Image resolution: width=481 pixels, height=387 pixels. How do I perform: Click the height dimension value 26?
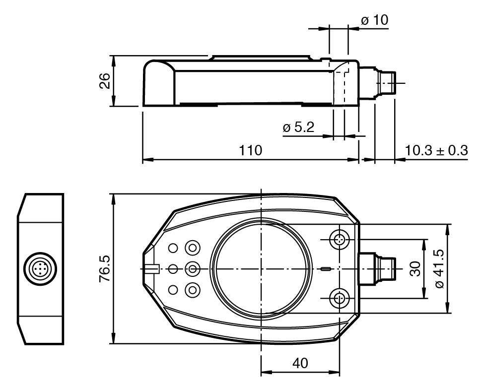point(104,81)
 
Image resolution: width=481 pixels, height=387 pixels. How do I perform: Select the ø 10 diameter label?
point(375,20)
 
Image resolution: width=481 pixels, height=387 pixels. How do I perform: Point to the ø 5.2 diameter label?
point(299,128)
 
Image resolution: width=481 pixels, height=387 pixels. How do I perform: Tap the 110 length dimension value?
point(250,151)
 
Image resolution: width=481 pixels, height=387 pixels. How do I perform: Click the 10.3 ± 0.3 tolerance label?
point(436,151)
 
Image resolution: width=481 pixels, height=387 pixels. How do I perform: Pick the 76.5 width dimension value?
point(104,269)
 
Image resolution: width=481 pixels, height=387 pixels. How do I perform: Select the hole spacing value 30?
point(415,269)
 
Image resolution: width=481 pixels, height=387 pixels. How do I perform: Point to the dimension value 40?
point(300,363)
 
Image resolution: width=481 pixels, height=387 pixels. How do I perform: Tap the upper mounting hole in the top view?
point(340,240)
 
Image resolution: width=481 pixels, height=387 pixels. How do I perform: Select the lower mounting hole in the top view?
point(340,299)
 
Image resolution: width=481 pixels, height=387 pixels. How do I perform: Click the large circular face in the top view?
point(261,269)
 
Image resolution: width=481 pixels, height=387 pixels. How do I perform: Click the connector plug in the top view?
point(377,269)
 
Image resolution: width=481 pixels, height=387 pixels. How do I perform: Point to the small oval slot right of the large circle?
point(326,269)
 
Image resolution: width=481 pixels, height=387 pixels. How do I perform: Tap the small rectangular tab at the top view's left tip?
point(151,269)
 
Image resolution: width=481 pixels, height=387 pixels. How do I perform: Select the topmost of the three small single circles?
point(173,248)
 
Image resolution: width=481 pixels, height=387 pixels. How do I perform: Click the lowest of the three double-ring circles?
point(193,289)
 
